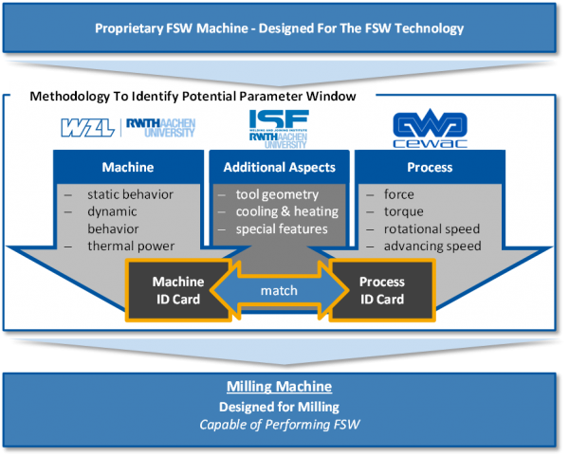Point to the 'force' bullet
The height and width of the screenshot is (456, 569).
pos(399,194)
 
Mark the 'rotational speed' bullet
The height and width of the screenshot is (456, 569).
pos(431,228)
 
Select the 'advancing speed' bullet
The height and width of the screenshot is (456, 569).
pos(431,246)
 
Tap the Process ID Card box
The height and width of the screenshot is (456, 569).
pos(382,290)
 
